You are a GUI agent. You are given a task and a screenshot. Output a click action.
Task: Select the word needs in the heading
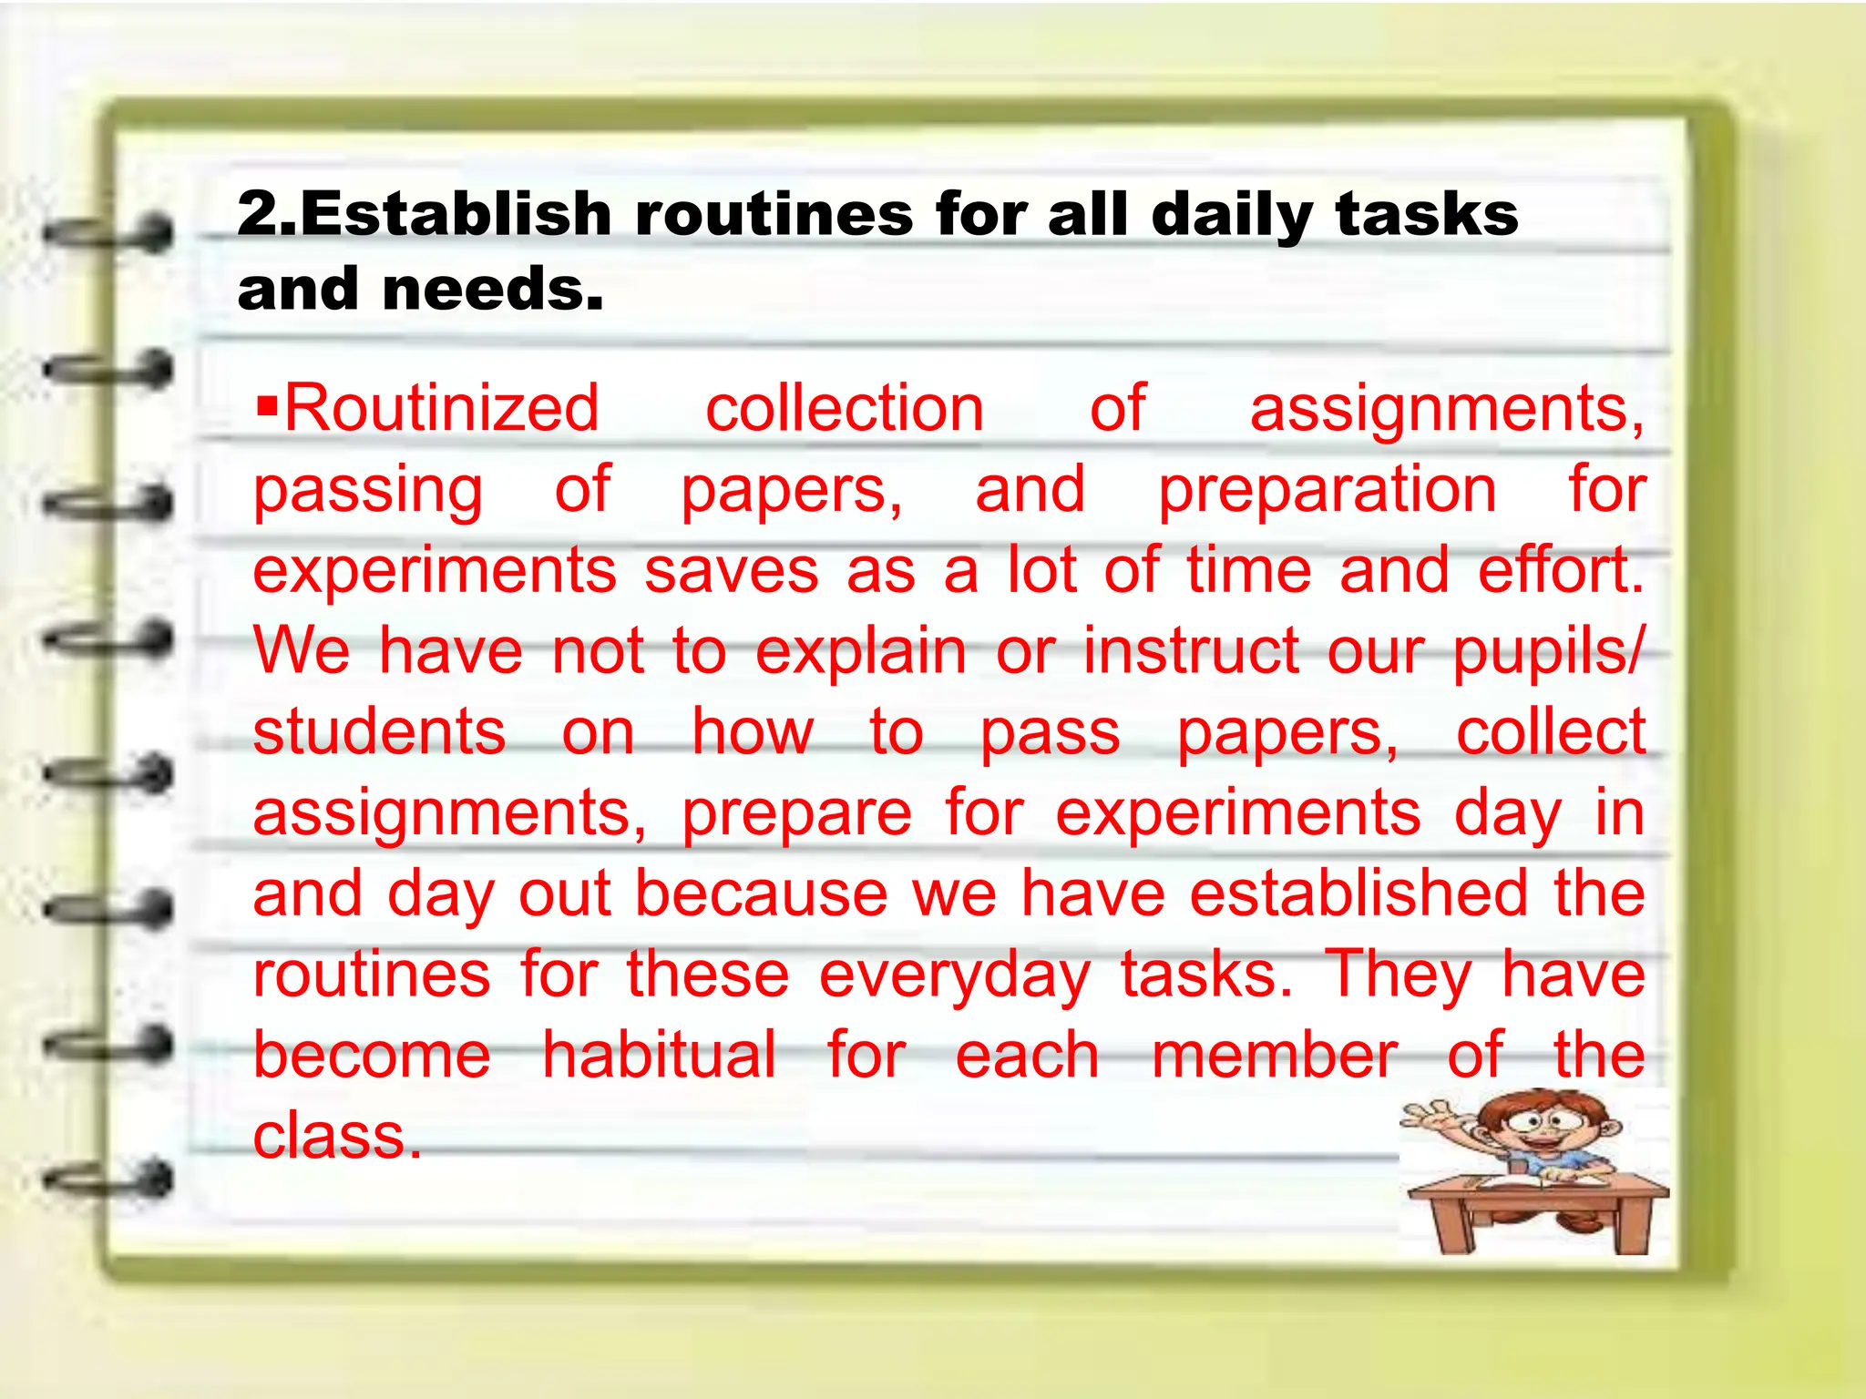492,290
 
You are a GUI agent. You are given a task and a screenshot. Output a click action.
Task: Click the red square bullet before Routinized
266,401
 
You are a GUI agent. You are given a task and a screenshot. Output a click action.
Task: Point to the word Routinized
442,409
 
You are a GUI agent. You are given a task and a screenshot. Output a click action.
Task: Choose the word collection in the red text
845,409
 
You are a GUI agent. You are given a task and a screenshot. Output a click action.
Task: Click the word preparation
1327,490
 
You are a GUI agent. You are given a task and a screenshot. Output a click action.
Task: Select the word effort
1560,570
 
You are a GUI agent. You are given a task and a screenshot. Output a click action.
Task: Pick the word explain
861,652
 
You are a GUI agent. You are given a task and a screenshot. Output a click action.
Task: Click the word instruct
1191,651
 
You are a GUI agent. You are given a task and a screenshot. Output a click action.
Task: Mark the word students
379,732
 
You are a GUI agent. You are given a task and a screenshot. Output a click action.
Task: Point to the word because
761,894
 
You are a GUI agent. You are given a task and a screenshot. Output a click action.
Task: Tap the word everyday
955,975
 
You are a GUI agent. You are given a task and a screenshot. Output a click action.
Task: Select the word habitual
660,1056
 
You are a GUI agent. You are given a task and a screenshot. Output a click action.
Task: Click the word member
1275,1057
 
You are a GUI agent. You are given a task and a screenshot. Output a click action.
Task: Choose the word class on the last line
336,1136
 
